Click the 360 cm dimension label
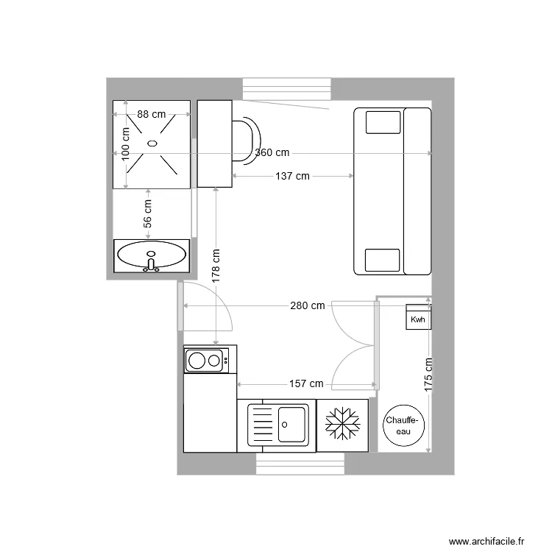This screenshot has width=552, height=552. coord(272,153)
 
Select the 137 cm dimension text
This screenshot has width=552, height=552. coord(292,176)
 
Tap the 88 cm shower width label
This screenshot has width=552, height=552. coord(152,114)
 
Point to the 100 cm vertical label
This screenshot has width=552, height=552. coord(126,144)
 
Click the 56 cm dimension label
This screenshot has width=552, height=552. coord(147,213)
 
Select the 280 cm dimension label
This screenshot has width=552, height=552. coord(308,305)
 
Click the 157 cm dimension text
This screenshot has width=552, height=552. coord(306,383)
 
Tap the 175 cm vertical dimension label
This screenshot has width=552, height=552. coord(428,373)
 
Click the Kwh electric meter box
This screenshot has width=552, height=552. coord(418,319)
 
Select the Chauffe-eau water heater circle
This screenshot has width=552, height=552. coord(403,425)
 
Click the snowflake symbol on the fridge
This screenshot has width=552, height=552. coord(342,425)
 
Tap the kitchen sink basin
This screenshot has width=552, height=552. coord(292,425)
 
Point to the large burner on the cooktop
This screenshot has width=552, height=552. coord(197,360)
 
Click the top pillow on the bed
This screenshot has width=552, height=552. coord(382,121)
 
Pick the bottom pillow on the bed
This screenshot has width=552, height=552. coord(382,261)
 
